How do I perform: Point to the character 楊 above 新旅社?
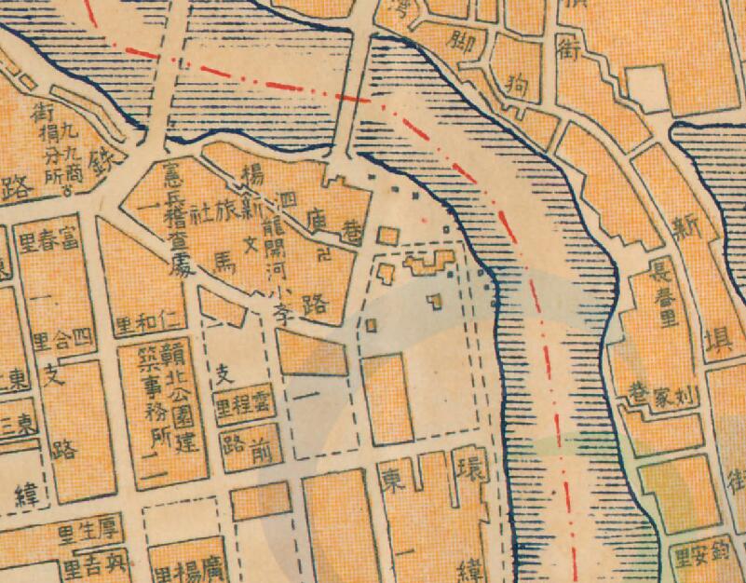[x=251, y=175]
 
